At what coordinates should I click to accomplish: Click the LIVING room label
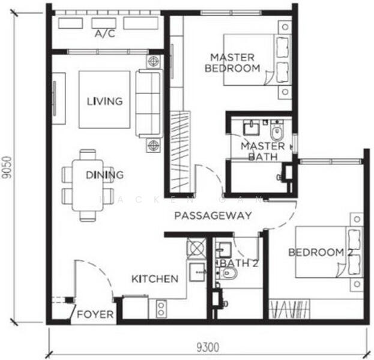pyautogui.click(x=104, y=101)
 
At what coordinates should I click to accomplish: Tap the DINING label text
pyautogui.click(x=104, y=175)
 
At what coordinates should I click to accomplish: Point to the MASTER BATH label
pyautogui.click(x=262, y=151)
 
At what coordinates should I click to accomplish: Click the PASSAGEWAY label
pyautogui.click(x=213, y=215)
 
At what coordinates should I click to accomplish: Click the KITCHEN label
pyautogui.click(x=155, y=278)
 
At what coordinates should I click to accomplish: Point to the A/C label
pyautogui.click(x=105, y=34)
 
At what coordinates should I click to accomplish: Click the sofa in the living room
pyautogui.click(x=148, y=103)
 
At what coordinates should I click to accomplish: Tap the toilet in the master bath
pyautogui.click(x=276, y=131)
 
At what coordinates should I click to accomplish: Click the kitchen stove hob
pyautogui.click(x=196, y=248)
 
